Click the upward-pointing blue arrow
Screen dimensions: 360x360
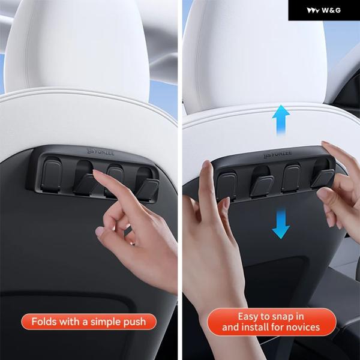tap(281, 119)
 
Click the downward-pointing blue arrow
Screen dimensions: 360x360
tap(281, 224)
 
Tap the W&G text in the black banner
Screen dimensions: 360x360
tap(331, 10)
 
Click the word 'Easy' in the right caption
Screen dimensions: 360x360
tap(247, 317)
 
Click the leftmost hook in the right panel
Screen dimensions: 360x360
tap(227, 185)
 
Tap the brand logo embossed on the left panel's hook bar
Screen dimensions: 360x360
tap(101, 152)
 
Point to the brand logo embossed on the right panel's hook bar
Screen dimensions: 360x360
tap(278, 154)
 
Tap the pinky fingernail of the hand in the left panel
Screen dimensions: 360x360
tap(100, 232)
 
